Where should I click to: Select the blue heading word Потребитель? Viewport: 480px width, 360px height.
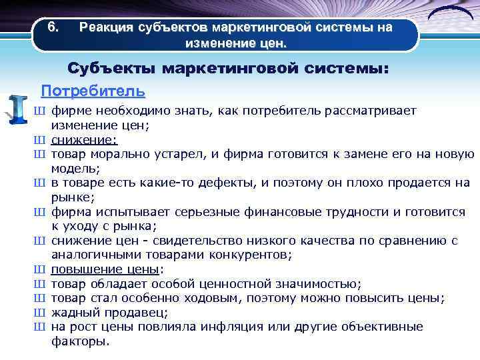click(x=93, y=90)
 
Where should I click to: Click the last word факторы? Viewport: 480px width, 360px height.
click(x=80, y=341)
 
